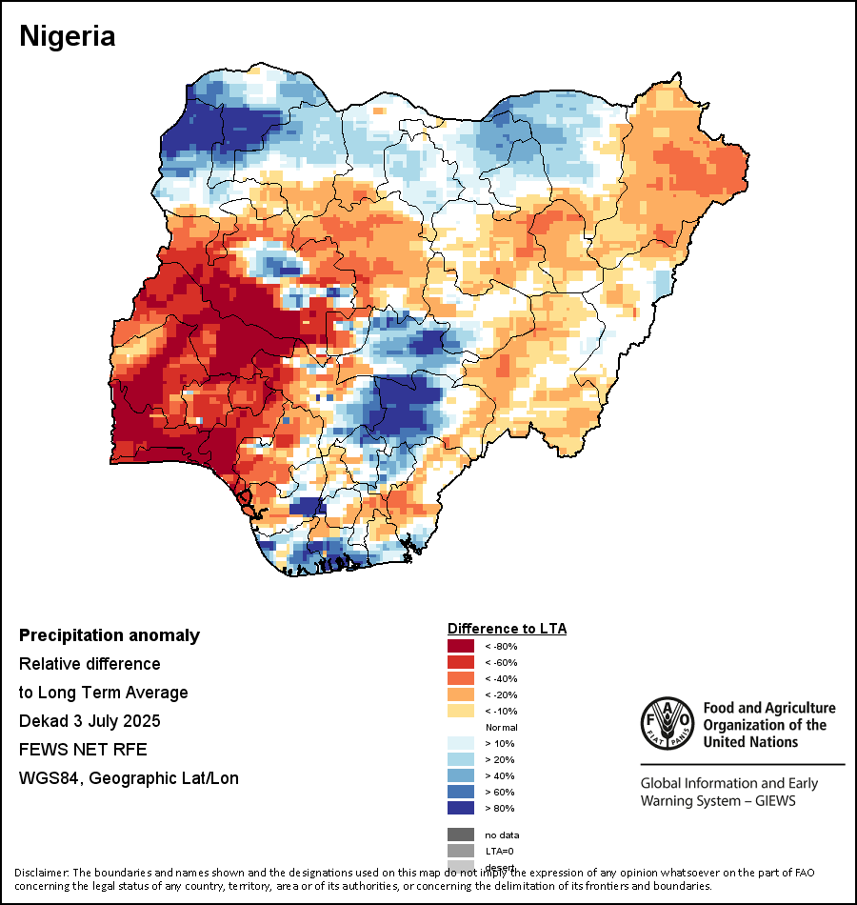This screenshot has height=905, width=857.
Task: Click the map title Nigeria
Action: [x=68, y=37]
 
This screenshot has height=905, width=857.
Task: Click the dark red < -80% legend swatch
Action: [x=461, y=647]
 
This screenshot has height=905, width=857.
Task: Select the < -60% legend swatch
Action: [x=461, y=663]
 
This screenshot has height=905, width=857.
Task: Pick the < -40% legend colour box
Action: [x=461, y=679]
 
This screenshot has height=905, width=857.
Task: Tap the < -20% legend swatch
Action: [x=461, y=695]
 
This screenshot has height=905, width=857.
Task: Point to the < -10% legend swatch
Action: [x=461, y=712]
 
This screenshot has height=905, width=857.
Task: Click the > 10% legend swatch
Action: [x=461, y=744]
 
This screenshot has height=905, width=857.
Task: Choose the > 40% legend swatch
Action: [x=461, y=776]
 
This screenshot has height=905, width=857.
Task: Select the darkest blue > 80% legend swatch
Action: [x=461, y=809]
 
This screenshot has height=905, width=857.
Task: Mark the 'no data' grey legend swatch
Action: [x=461, y=835]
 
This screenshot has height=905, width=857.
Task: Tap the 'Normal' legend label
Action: [x=501, y=728]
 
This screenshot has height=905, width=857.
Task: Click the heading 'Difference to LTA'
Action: [x=507, y=629]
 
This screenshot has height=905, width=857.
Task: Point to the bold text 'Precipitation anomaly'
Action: [x=110, y=635]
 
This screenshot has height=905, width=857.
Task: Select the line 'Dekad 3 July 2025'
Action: [x=90, y=721]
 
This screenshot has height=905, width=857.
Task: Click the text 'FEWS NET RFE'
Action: [x=83, y=750]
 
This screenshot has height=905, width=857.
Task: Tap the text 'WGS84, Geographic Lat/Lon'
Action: [x=129, y=778]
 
